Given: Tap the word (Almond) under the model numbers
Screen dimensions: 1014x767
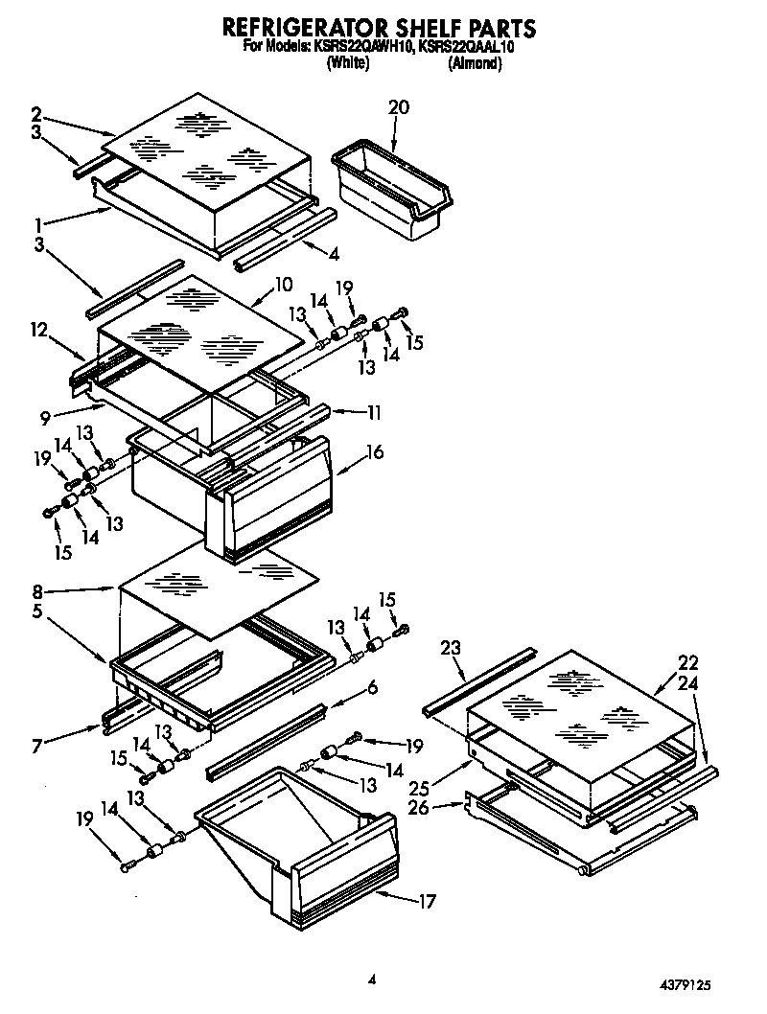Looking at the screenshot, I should pyautogui.click(x=474, y=63).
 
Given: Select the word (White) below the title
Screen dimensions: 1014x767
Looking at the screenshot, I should pyautogui.click(x=348, y=63).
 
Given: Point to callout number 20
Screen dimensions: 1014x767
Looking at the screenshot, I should pyautogui.click(x=398, y=107).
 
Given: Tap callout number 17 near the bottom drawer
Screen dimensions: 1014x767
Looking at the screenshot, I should pyautogui.click(x=426, y=901).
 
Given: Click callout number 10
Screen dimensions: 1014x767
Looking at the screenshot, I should pyautogui.click(x=283, y=285).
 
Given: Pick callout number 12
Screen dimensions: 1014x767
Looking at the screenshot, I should pyautogui.click(x=39, y=329).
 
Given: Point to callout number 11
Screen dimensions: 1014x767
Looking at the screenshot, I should pyautogui.click(x=373, y=413).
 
